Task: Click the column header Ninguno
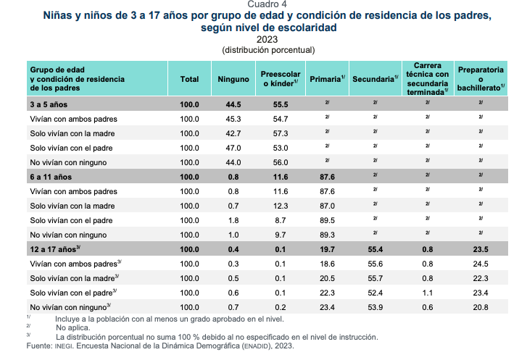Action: [233, 79]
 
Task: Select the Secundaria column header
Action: [375, 79]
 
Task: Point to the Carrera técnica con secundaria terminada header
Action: [428, 79]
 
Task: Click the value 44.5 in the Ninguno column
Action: [233, 104]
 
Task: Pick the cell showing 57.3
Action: [281, 133]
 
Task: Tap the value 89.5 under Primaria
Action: [327, 220]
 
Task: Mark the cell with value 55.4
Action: [375, 249]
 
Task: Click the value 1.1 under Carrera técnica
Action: [428, 293]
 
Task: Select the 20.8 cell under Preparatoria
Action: [481, 307]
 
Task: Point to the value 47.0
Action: [233, 148]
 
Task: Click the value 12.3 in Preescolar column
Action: [281, 206]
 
